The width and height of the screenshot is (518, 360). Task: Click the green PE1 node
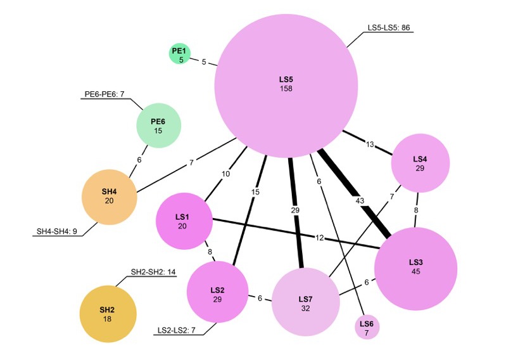pyautogui.click(x=180, y=54)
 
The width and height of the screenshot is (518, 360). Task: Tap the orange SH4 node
pyautogui.click(x=109, y=196)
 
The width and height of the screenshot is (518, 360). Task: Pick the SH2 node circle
pyautogui.click(x=107, y=314)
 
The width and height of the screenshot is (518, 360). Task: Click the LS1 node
pyautogui.click(x=183, y=221)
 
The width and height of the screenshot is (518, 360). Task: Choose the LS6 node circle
pyautogui.click(x=367, y=327)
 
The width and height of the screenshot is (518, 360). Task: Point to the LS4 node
pyautogui.click(x=420, y=163)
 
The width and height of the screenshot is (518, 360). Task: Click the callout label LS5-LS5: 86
pyautogui.click(x=389, y=28)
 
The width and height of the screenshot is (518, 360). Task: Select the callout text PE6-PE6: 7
pyautogui.click(x=105, y=95)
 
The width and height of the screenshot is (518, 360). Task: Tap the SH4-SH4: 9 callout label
pyautogui.click(x=56, y=231)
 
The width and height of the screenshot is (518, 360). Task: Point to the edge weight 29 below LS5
pyautogui.click(x=295, y=210)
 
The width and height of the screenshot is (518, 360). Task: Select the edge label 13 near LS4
pyautogui.click(x=370, y=145)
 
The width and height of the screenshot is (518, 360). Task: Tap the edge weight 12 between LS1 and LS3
pyautogui.click(x=320, y=238)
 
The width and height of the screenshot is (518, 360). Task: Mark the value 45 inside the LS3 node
pyautogui.click(x=415, y=271)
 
